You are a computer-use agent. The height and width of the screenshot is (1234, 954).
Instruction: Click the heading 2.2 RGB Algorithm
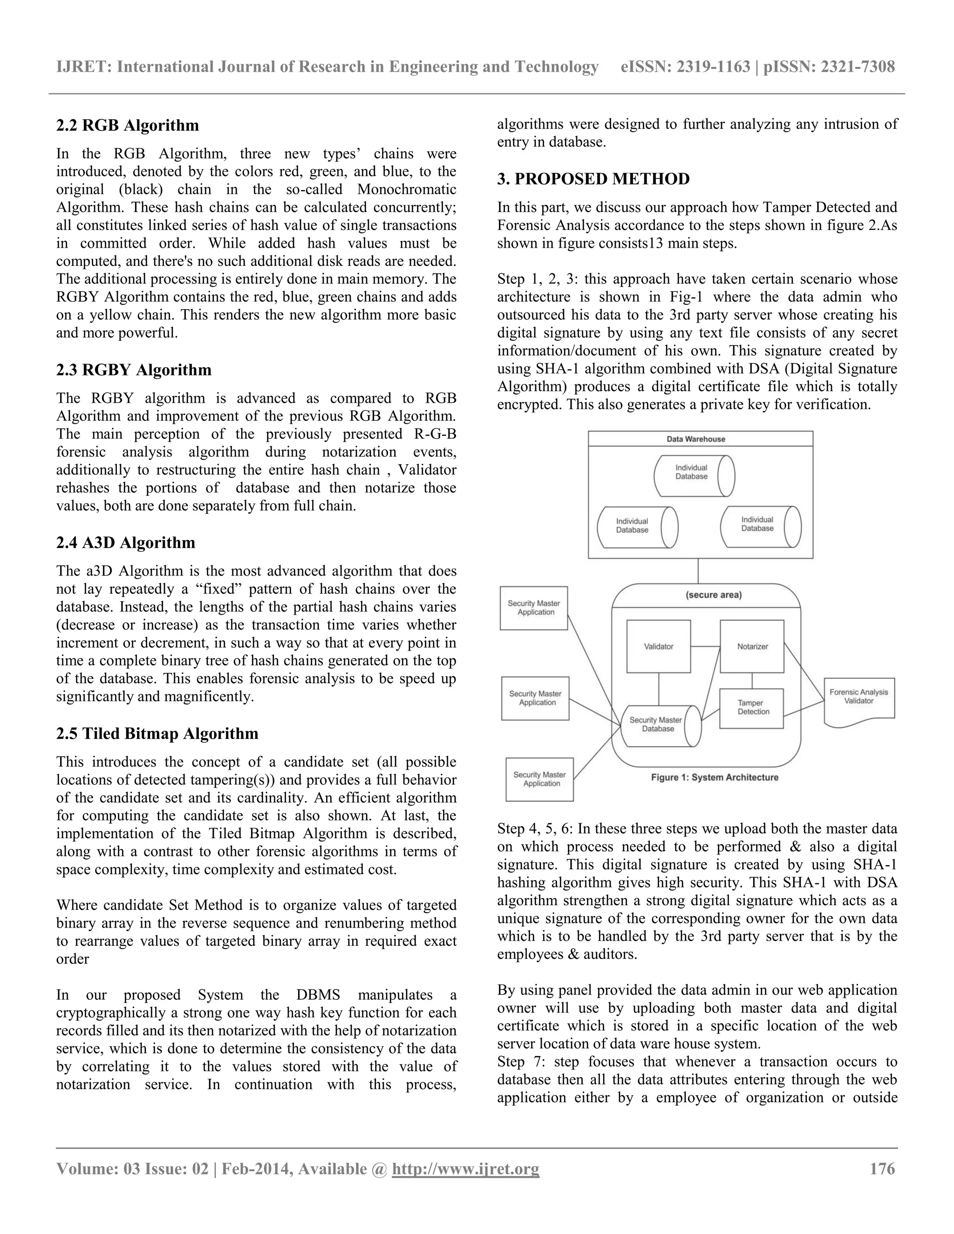(128, 125)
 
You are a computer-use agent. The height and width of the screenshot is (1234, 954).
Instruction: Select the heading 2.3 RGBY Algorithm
(134, 370)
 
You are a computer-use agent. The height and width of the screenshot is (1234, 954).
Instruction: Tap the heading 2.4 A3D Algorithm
(125, 543)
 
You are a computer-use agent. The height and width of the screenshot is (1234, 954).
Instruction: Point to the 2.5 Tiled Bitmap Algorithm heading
(157, 734)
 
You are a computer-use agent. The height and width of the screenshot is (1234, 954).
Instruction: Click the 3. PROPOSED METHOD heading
(593, 179)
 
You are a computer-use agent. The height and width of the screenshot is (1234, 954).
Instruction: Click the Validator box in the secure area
(658, 646)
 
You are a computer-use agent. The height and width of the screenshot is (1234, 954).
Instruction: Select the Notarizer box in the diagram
(752, 646)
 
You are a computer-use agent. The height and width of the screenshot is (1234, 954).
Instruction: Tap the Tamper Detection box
(752, 708)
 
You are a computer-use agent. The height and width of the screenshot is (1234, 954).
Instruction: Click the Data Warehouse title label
(696, 439)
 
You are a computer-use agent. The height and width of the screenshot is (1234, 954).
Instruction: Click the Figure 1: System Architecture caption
(715, 778)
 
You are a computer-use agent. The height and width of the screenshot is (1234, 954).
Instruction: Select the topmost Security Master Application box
(533, 608)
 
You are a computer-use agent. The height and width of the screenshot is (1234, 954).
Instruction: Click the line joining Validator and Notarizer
(705, 646)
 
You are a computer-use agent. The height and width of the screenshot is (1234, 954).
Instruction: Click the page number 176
(882, 1168)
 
